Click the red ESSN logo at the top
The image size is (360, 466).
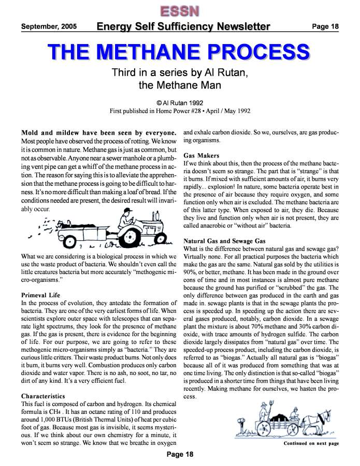click(180, 10)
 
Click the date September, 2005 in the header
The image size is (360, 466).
click(49, 26)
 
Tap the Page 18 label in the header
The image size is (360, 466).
click(325, 26)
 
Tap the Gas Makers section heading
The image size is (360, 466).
click(202, 155)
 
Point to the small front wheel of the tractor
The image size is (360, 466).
click(164, 242)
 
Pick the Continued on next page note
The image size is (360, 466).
click(311, 444)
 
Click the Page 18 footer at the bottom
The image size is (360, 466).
click(180, 455)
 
